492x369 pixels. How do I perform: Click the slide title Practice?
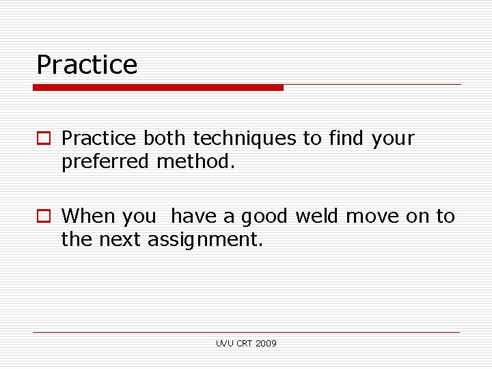(x=87, y=65)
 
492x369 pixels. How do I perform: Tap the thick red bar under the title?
(x=158, y=87)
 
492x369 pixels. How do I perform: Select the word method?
(x=196, y=162)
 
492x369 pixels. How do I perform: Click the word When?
(x=89, y=217)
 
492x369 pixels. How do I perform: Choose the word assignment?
(x=205, y=241)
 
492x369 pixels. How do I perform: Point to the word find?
(x=346, y=139)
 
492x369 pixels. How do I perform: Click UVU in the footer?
(x=223, y=344)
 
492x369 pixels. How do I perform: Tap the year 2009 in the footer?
(x=266, y=344)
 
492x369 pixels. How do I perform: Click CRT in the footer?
(x=244, y=344)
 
